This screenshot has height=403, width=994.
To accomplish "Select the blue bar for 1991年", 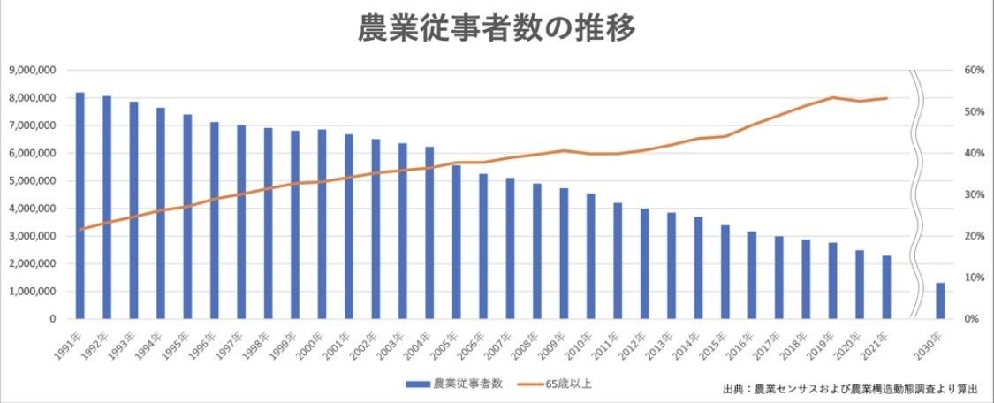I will point(80,205).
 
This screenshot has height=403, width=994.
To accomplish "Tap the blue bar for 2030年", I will point(940,300).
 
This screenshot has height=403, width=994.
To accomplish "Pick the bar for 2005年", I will point(456,241).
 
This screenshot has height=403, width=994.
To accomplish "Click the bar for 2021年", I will point(886,287).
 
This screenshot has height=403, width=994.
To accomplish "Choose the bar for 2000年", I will point(322,224).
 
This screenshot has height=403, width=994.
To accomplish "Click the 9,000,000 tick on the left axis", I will point(33,70).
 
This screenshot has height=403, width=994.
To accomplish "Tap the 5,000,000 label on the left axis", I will point(33,180).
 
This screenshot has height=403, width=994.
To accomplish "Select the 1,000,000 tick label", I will point(33,291).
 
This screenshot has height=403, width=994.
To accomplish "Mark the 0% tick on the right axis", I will point(971,318).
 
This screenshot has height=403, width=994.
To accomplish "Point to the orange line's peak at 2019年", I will point(832,97).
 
